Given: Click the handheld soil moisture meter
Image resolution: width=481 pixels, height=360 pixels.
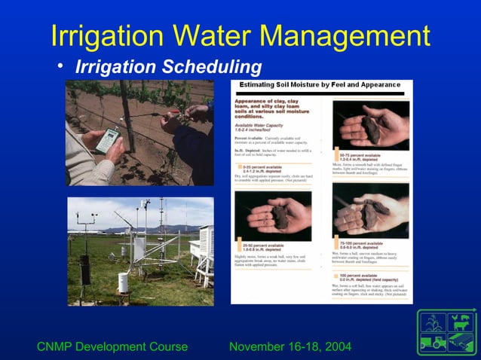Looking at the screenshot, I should coord(103,140).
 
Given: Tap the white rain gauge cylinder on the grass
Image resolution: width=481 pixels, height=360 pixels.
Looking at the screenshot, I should coord(123,282).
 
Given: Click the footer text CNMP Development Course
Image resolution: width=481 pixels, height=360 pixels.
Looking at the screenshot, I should coord(112,347).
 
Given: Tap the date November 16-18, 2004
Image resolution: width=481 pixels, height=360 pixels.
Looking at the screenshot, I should coord(290,347).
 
